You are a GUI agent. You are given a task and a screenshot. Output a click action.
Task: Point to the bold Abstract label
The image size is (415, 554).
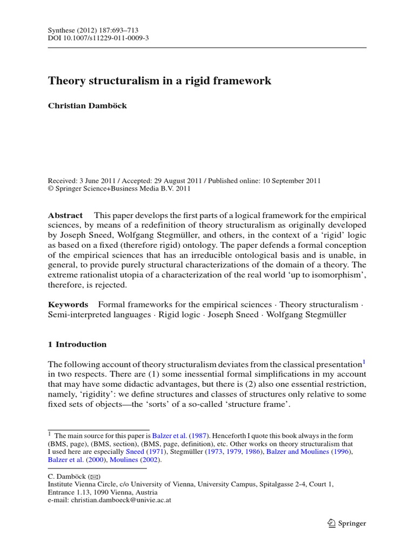pos(65,215)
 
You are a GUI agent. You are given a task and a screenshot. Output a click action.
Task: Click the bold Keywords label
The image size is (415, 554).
pos(68,305)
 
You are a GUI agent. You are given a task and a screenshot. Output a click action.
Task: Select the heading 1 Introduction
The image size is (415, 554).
pos(77,344)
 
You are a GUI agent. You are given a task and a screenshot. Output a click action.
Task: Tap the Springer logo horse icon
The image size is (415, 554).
pos(332,523)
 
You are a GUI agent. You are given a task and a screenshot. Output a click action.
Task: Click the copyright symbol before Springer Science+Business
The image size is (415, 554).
pos(51,189)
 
